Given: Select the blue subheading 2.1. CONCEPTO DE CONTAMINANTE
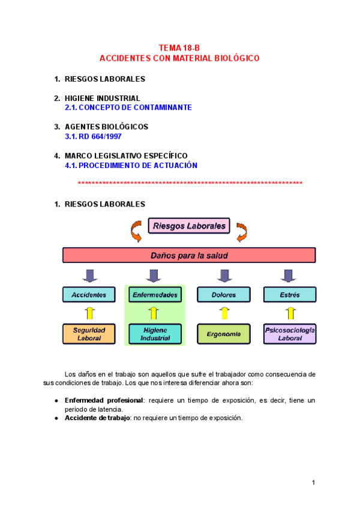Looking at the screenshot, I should [x=128, y=107].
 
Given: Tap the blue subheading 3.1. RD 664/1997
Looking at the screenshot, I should [x=93, y=136].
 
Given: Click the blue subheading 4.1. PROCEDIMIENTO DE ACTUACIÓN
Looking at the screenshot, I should [x=131, y=165].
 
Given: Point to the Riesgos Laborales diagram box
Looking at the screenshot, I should [x=189, y=226].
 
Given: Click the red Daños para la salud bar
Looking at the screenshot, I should [x=189, y=255].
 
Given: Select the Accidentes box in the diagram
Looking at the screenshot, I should [x=89, y=295].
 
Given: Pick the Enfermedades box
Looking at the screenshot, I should [x=155, y=295].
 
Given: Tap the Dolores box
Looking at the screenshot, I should [x=224, y=295].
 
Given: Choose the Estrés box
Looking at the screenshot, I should [x=290, y=295].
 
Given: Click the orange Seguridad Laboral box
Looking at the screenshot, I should [x=89, y=334].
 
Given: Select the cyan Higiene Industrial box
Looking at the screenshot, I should [x=155, y=334].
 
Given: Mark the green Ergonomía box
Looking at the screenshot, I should [x=224, y=334].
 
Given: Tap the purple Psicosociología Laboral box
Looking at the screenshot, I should [x=290, y=334].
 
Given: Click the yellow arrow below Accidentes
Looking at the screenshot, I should [x=89, y=313].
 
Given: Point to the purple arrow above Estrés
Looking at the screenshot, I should [x=290, y=276].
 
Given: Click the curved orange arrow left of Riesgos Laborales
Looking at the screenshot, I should [x=135, y=230].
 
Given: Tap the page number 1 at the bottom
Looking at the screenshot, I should [x=313, y=482].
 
